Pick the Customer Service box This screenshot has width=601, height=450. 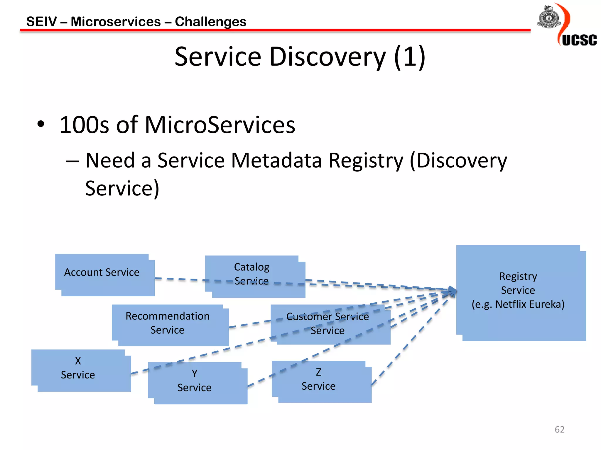(x=330, y=325)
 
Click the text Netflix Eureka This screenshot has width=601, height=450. (x=530, y=304)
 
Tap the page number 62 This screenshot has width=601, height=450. (x=559, y=429)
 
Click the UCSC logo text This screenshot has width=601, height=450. (x=579, y=40)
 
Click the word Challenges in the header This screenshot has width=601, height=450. (x=210, y=22)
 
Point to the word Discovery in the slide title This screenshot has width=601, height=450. (x=327, y=57)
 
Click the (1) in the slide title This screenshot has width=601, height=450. (x=409, y=57)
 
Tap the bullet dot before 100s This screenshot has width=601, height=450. (x=41, y=124)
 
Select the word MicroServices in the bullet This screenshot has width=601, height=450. (x=220, y=125)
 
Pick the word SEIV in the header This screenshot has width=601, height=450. (x=41, y=22)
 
